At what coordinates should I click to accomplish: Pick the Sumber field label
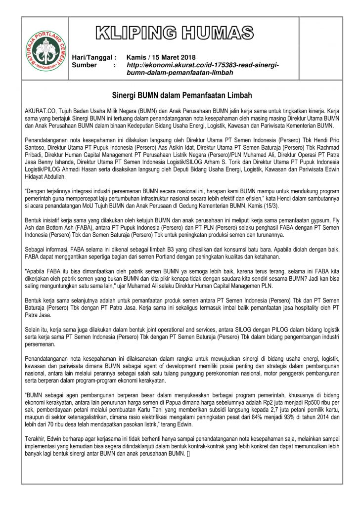coord(85,65)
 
